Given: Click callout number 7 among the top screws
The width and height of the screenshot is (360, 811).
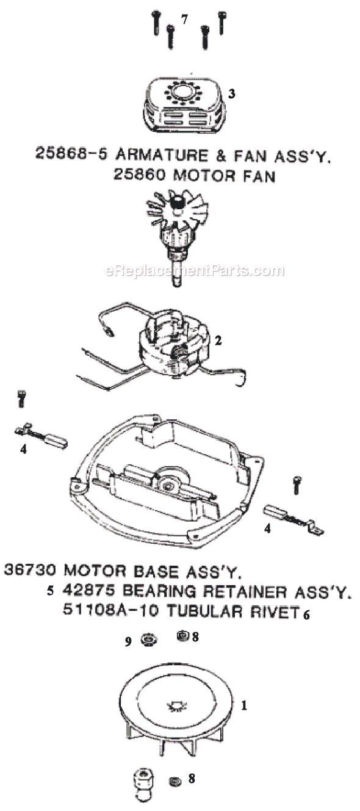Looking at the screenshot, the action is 185,20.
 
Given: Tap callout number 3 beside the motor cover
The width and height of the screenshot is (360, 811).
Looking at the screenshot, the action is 232,94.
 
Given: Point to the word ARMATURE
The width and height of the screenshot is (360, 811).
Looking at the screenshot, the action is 162,155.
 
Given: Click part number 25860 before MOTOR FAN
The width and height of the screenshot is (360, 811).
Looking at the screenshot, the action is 140,175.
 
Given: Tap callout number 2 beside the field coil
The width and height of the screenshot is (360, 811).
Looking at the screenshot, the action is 218,341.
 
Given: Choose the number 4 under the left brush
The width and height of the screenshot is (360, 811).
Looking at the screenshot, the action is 24,450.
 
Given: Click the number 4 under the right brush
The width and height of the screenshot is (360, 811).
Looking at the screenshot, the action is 267,529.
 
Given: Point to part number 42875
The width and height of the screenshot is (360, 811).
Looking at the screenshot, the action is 88,591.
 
